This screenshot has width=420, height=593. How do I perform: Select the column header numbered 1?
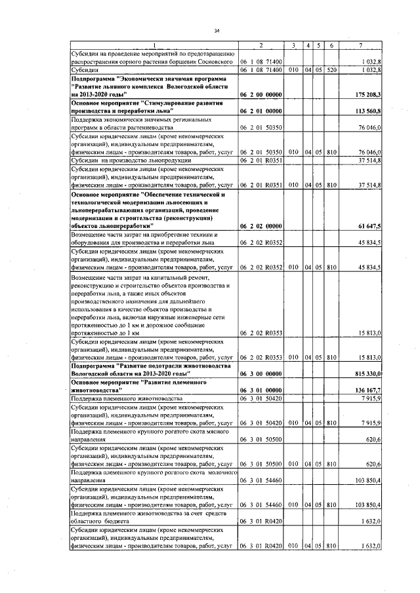pyautogui.click(x=154, y=45)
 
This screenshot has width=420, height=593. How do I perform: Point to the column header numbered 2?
pyautogui.click(x=261, y=45)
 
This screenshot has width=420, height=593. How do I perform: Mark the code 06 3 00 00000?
pyautogui.click(x=261, y=373)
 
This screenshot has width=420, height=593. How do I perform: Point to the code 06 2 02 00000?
pyautogui.click(x=261, y=226)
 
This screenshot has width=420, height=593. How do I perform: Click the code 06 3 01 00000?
pyautogui.click(x=261, y=390)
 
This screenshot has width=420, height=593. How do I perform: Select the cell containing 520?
pyautogui.click(x=331, y=69)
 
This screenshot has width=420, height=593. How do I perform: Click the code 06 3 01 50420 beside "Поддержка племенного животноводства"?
pyautogui.click(x=261, y=398)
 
